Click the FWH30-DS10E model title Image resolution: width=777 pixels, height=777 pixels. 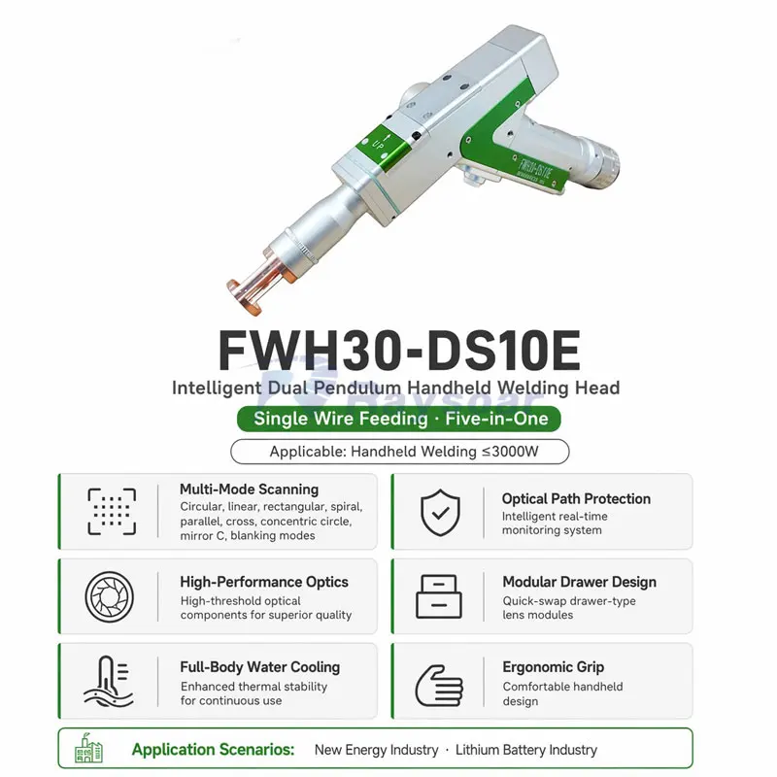399,352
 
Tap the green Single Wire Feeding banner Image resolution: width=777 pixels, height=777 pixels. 399,419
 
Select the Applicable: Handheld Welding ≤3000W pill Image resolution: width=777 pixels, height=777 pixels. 400,452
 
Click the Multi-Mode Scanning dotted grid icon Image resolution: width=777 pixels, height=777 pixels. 112,512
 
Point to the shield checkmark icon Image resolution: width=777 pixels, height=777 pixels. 440,513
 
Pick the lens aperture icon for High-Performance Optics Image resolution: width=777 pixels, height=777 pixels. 110,596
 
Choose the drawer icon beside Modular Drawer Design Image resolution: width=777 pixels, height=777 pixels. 439,596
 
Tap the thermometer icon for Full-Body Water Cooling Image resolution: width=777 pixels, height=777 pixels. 109,682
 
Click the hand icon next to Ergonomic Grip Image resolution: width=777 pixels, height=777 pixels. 439,686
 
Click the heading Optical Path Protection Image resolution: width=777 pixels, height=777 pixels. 576,498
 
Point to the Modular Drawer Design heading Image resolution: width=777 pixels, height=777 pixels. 579,582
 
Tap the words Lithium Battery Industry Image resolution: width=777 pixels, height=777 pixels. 526,750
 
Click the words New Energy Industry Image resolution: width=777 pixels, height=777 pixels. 376,750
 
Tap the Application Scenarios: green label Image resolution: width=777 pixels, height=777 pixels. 213,749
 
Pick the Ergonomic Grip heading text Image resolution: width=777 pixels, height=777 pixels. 553,667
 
